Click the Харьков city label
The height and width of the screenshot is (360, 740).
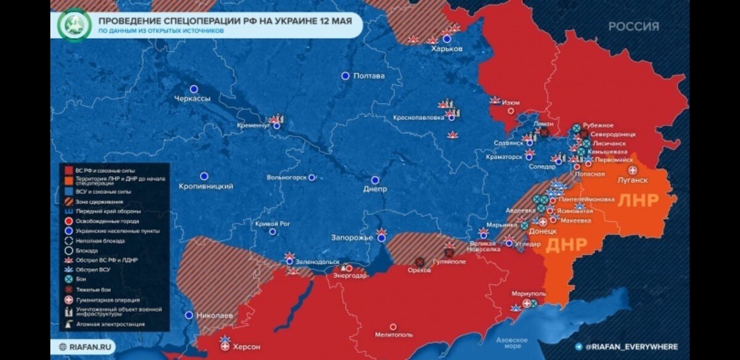point(446,49)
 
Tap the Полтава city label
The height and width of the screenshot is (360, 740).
point(369,76)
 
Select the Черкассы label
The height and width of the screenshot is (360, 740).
point(192,99)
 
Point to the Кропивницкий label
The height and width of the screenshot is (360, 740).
point(205,186)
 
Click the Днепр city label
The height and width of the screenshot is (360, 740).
point(375,189)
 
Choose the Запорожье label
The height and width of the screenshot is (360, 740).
point(352,237)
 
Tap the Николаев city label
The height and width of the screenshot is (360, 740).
point(215,316)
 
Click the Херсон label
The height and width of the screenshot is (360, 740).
point(247,346)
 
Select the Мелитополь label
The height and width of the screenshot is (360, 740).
point(393,335)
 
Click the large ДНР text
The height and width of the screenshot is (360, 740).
point(567,245)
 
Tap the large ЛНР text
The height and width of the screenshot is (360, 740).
point(638,201)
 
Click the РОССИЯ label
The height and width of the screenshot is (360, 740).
point(633,27)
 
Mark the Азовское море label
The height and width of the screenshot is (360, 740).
point(512,343)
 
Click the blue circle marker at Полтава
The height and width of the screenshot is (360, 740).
point(345,76)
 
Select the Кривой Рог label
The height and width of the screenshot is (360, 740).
point(272,224)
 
